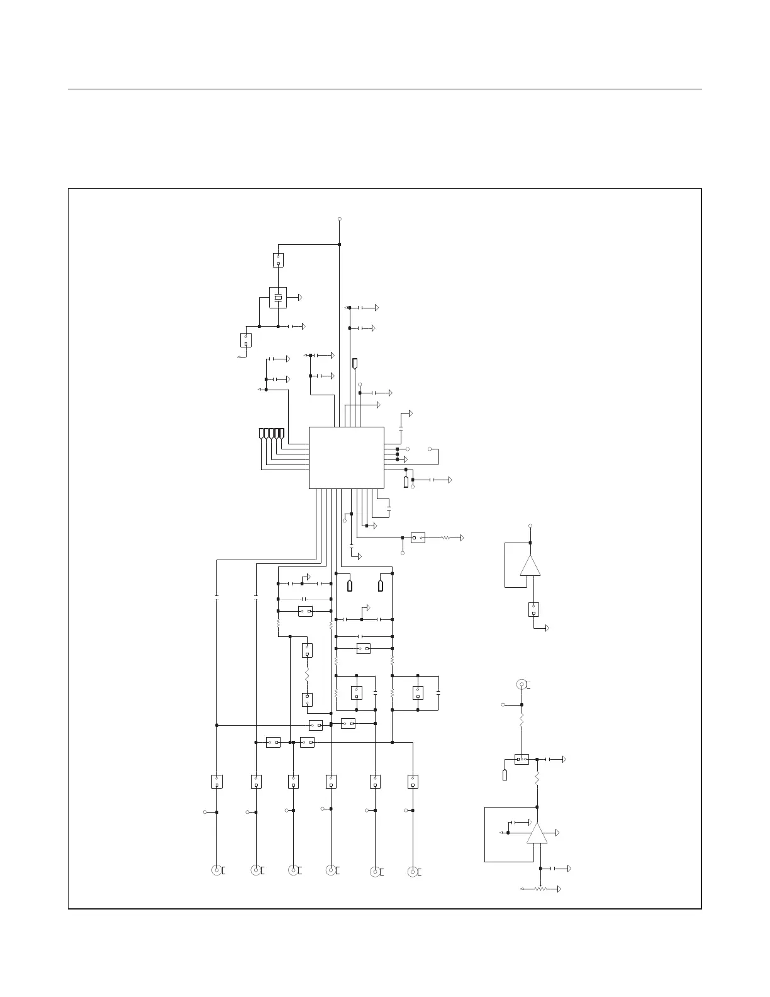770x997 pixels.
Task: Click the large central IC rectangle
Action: (x=346, y=457)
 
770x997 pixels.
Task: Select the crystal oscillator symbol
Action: (x=278, y=297)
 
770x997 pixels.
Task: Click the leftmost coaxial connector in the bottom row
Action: (x=216, y=870)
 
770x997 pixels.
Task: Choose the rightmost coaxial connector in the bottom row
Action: (x=413, y=872)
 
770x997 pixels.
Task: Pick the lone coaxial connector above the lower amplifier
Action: (x=521, y=685)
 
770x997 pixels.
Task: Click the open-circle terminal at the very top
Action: (x=340, y=219)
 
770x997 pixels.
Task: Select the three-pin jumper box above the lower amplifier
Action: (x=522, y=759)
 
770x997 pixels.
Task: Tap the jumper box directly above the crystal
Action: (x=278, y=260)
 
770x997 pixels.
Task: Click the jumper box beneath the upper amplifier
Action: (x=533, y=609)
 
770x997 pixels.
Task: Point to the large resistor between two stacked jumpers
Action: (x=307, y=675)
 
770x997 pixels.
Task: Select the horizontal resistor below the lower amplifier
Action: (x=540, y=889)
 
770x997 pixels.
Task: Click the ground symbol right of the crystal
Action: (x=301, y=296)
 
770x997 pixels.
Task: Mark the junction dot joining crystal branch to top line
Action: (x=340, y=244)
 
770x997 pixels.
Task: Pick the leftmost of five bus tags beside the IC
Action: (x=262, y=434)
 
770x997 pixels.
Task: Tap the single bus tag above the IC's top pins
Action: (x=355, y=363)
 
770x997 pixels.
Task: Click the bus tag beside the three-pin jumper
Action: (x=505, y=774)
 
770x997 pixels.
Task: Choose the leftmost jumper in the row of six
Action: (x=216, y=782)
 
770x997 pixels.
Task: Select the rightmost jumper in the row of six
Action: (x=413, y=782)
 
